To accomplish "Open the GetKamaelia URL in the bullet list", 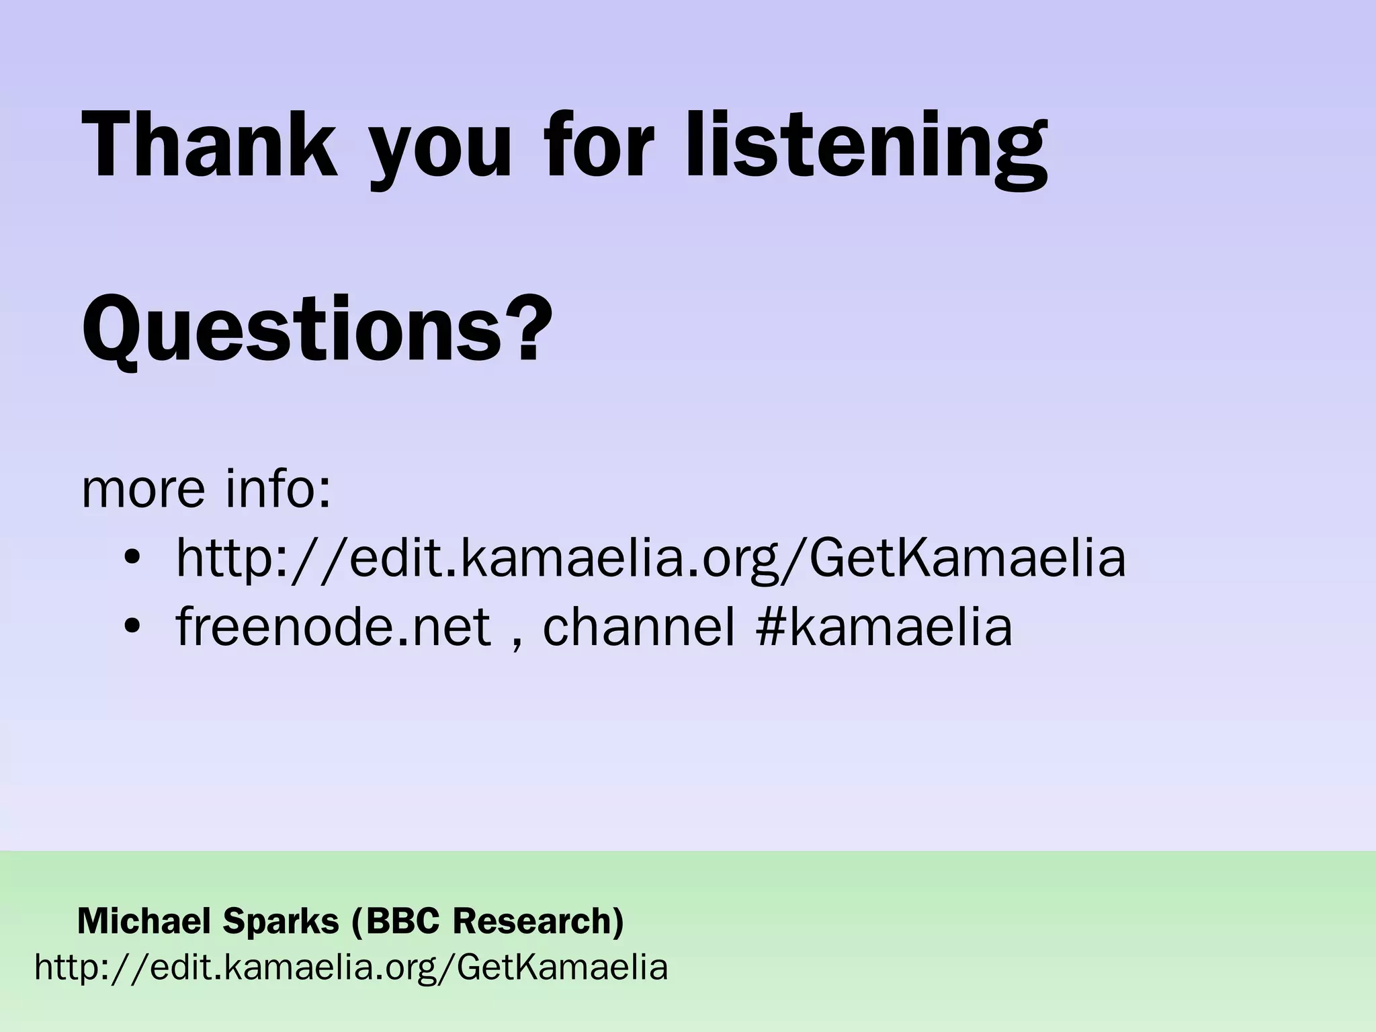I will (x=650, y=558).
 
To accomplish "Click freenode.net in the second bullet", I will (x=333, y=627).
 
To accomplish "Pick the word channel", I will (x=638, y=627).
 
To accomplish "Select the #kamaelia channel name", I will (x=884, y=627).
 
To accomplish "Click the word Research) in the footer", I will (x=538, y=921).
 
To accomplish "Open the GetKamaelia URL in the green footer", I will (x=351, y=968).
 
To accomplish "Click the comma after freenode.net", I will (x=516, y=642).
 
